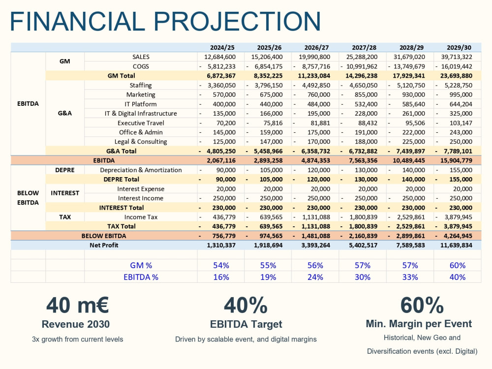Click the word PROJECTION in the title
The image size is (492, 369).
click(x=237, y=21)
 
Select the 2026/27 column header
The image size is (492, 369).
click(x=316, y=47)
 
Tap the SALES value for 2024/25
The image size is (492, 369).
click(x=219, y=57)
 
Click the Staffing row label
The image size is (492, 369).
click(x=141, y=85)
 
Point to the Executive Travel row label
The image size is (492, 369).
click(x=141, y=123)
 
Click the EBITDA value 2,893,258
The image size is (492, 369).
click(x=268, y=160)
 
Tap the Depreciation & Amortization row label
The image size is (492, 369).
click(x=141, y=170)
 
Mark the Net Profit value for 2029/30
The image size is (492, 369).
click(x=456, y=245)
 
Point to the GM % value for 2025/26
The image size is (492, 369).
click(x=268, y=266)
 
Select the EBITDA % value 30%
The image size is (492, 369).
click(x=363, y=277)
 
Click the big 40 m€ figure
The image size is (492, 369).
click(x=78, y=305)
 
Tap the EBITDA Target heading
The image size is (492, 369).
click(x=246, y=324)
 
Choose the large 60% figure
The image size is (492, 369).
click(x=422, y=305)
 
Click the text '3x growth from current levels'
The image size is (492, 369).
click(x=78, y=339)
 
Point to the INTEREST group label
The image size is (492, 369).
click(x=65, y=193)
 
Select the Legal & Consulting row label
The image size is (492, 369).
click(x=141, y=142)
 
